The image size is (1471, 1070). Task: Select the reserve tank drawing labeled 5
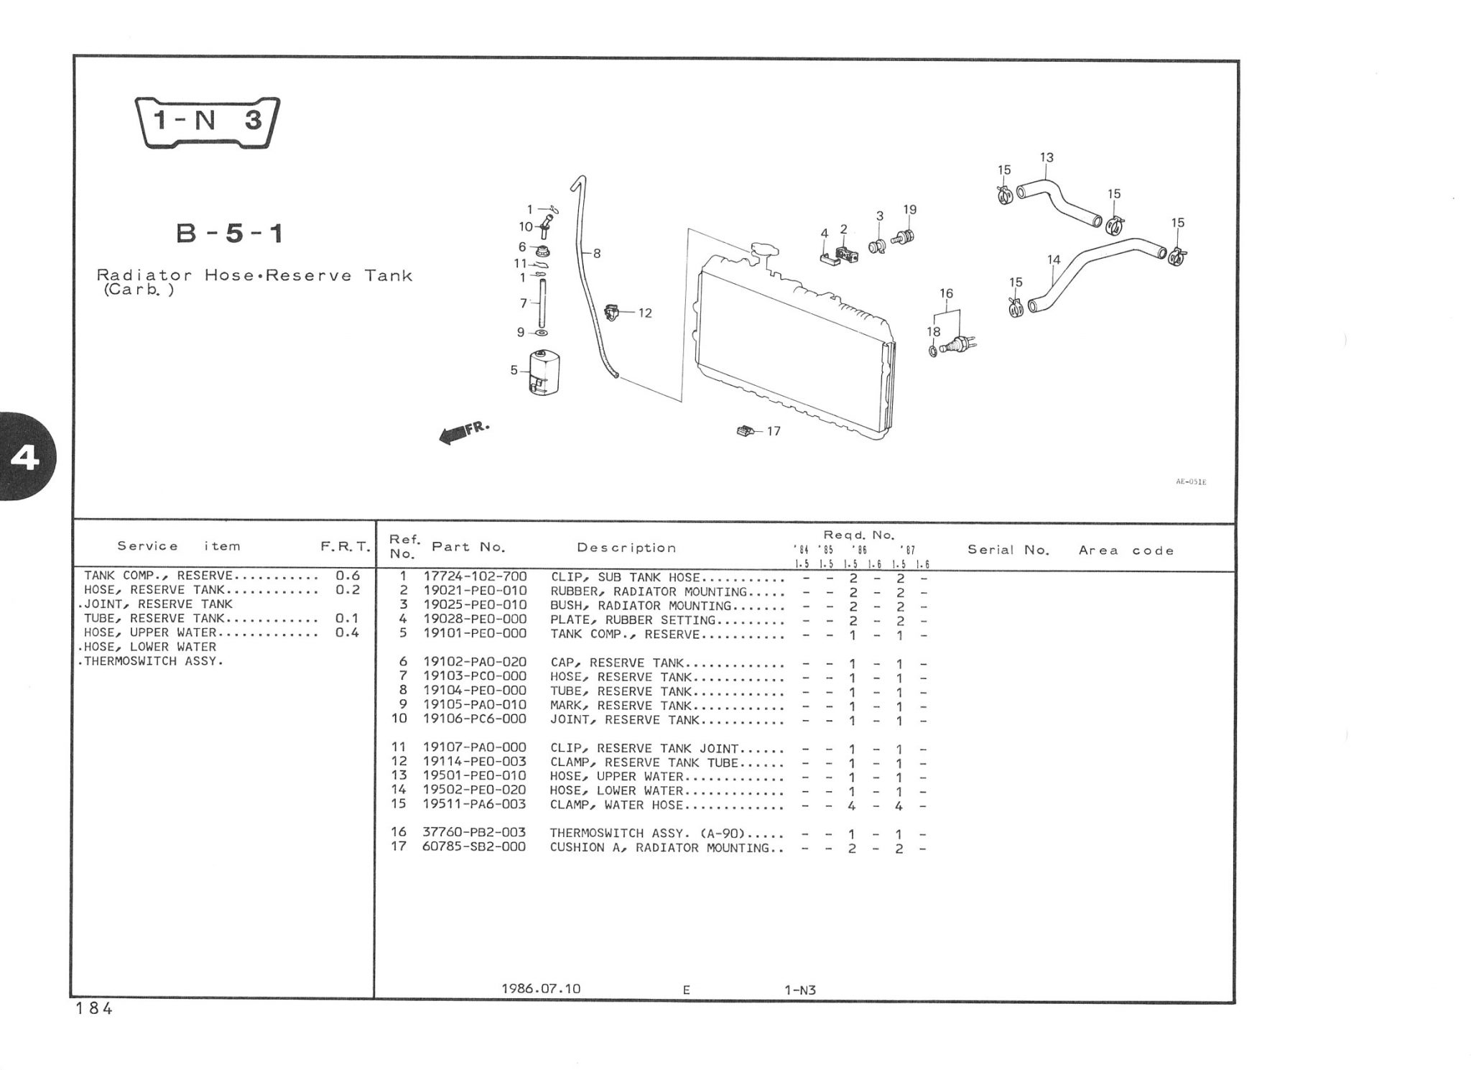544,372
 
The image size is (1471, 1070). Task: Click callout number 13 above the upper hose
1046,157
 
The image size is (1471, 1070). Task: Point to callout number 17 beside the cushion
774,431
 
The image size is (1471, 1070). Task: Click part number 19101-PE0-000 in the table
474,634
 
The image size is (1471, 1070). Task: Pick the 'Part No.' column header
468,547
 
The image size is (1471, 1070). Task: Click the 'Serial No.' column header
1008,550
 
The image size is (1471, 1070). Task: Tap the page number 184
94,1009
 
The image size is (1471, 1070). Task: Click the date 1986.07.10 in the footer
540,989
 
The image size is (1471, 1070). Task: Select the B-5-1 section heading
230,234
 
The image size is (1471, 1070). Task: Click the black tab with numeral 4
24,457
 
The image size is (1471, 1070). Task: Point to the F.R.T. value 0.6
348,576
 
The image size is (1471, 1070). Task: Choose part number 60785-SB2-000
474,847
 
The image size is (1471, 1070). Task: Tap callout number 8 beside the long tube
597,253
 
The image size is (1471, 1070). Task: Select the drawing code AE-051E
1191,481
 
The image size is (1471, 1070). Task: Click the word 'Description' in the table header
626,548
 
